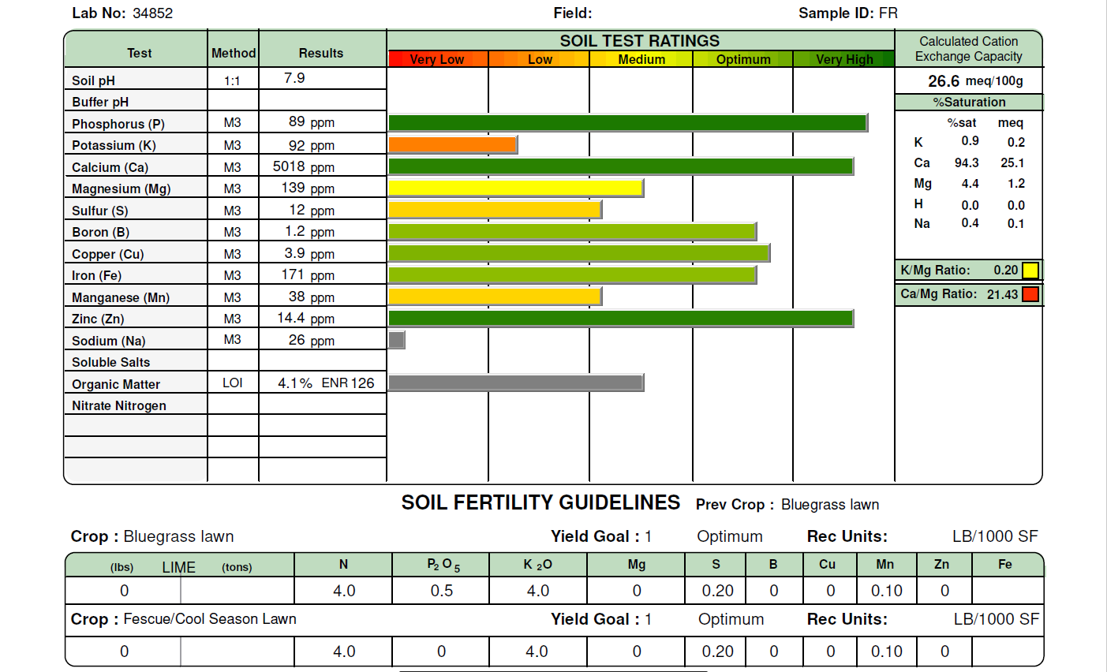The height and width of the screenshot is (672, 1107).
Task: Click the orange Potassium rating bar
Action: pos(452,144)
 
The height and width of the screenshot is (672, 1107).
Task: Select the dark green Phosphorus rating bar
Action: pos(627,122)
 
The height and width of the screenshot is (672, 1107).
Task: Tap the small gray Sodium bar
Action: pos(396,340)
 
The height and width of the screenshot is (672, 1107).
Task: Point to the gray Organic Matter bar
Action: pos(515,383)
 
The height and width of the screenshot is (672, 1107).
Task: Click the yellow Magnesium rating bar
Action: pos(515,188)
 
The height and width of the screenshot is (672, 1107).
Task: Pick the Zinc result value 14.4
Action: pos(290,318)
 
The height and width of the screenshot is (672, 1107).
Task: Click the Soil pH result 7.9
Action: pos(294,78)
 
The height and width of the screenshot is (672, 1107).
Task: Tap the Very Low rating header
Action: pos(437,59)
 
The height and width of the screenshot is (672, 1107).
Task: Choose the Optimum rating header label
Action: pos(743,59)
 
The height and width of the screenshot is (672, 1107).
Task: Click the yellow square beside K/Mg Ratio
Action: pos(1030,271)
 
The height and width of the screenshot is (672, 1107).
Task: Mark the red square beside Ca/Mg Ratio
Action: pos(1030,294)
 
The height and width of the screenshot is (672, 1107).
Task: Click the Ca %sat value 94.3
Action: pos(967,162)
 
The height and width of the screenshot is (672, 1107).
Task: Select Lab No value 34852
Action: pos(153,13)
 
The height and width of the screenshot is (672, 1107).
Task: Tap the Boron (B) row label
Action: pos(100,232)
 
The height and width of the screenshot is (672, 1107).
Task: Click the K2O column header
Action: pos(537,565)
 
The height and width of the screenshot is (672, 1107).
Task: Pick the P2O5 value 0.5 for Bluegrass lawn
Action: pos(442,591)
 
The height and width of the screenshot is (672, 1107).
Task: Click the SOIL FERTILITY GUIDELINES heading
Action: pos(540,503)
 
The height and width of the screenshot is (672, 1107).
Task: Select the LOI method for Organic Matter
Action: pos(232,383)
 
